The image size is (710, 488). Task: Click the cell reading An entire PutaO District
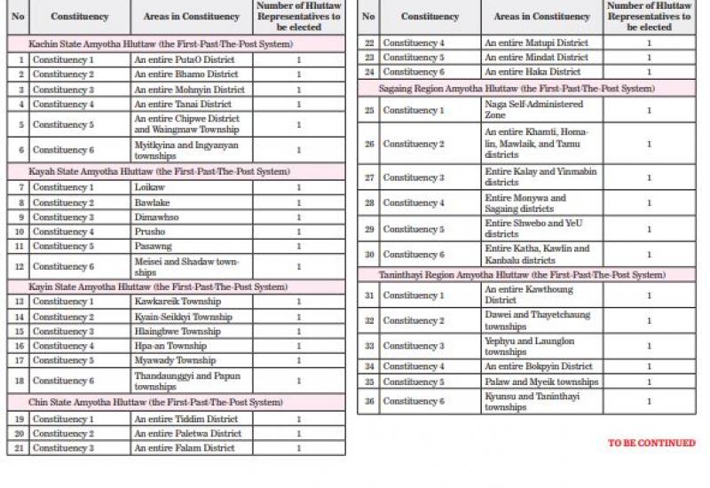click(x=185, y=59)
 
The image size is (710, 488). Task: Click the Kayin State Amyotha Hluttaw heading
click(x=158, y=287)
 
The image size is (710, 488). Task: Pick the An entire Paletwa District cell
click(x=188, y=434)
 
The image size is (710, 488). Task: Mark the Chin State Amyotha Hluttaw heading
click(x=155, y=403)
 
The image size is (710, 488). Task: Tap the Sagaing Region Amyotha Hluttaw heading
click(x=517, y=89)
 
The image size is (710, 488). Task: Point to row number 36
click(x=368, y=402)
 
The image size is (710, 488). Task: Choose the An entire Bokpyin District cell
click(x=539, y=366)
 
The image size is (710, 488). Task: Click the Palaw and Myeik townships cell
click(x=541, y=382)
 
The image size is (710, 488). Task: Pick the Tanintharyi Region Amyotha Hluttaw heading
click(x=522, y=276)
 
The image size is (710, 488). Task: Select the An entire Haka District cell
click(x=532, y=72)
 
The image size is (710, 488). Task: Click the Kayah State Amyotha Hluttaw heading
click(x=159, y=172)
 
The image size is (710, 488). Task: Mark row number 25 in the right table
click(x=368, y=110)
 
